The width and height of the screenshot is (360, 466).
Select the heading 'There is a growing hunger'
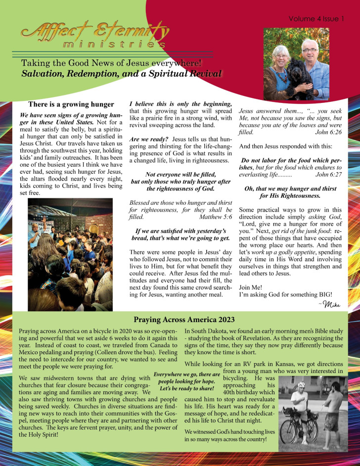coord(71,104)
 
